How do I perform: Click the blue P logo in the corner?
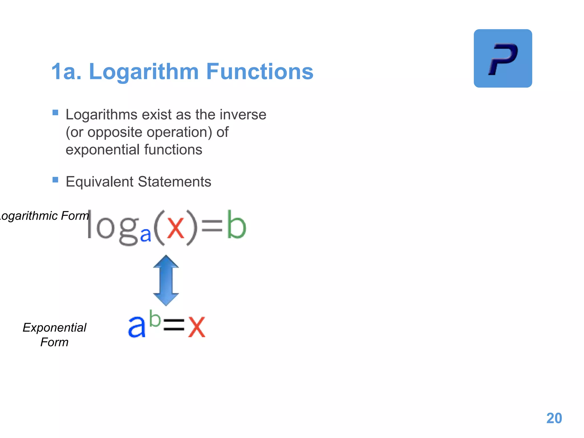pyautogui.click(x=503, y=58)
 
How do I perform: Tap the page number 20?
pyautogui.click(x=554, y=418)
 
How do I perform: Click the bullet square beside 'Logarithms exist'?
pyautogui.click(x=55, y=113)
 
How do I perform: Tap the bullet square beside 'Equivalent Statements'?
pyautogui.click(x=55, y=180)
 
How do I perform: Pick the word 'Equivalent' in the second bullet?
pyautogui.click(x=99, y=182)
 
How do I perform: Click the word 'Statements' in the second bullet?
pyautogui.click(x=175, y=182)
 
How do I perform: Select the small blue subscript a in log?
pyautogui.click(x=145, y=235)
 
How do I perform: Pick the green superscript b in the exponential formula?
pyautogui.click(x=155, y=319)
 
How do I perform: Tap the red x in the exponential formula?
pyautogui.click(x=196, y=327)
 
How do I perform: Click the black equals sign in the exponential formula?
pyautogui.click(x=174, y=325)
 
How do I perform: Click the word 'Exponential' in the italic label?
pyautogui.click(x=54, y=328)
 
